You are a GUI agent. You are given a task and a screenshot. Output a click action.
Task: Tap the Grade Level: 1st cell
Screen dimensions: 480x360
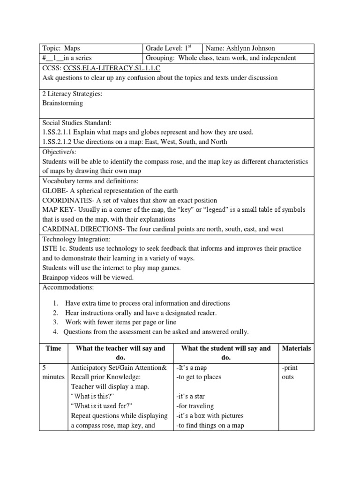coord(172,48)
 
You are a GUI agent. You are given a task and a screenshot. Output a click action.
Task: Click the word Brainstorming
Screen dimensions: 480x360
coord(62,103)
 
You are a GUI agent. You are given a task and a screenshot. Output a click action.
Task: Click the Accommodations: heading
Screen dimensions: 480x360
coord(68,287)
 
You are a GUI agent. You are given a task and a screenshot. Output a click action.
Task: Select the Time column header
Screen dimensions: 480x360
coord(53,348)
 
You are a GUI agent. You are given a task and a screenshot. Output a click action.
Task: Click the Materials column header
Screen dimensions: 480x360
coord(296,348)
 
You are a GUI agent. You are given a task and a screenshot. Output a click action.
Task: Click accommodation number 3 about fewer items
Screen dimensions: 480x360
coord(120,322)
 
